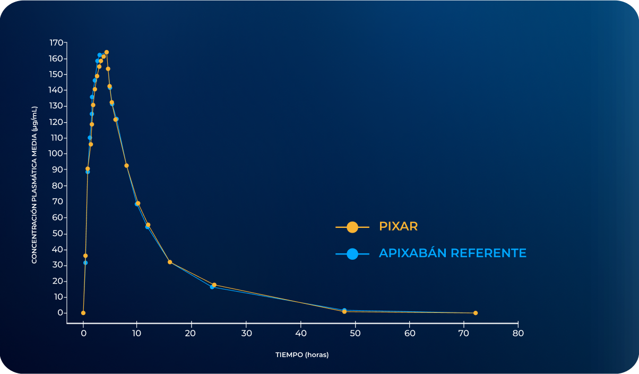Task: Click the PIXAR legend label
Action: pyautogui.click(x=398, y=226)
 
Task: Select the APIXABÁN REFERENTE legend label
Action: pyautogui.click(x=452, y=253)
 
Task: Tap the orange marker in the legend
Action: pyautogui.click(x=352, y=227)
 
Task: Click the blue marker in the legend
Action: pyautogui.click(x=352, y=254)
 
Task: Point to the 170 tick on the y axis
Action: pyautogui.click(x=56, y=43)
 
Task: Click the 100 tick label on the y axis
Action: pyautogui.click(x=56, y=154)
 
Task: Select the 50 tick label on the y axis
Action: pyautogui.click(x=58, y=234)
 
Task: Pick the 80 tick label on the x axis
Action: pyautogui.click(x=518, y=333)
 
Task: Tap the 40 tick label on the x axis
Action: pyautogui.click(x=301, y=333)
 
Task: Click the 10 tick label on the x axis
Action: pyautogui.click(x=136, y=333)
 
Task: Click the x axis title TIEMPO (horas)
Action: pyautogui.click(x=302, y=355)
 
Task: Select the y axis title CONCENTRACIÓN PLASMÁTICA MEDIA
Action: pyautogui.click(x=34, y=185)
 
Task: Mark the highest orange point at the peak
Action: pyautogui.click(x=107, y=52)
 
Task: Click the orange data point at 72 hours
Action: pyautogui.click(x=475, y=313)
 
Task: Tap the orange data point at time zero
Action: pyautogui.click(x=83, y=313)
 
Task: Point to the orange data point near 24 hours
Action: pyautogui.click(x=214, y=285)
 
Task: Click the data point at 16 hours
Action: pyautogui.click(x=170, y=262)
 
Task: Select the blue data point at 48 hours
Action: pyautogui.click(x=344, y=310)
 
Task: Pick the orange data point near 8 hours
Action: pyautogui.click(x=127, y=166)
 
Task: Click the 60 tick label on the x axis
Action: pyautogui.click(x=410, y=333)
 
